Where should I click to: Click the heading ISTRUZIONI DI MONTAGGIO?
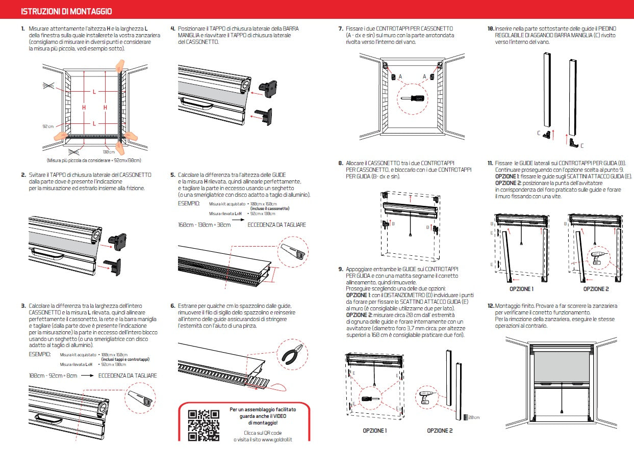tap(67, 11)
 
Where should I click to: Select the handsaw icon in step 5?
tap(292, 251)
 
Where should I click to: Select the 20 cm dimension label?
tap(473, 418)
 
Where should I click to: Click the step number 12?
tap(490, 306)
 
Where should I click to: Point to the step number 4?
tap(173, 29)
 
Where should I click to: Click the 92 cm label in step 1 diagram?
tap(48, 126)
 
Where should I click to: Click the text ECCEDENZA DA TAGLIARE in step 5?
tap(277, 224)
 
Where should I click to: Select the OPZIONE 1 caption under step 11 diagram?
tap(521, 289)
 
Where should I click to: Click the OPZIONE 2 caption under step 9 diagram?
tap(440, 431)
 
